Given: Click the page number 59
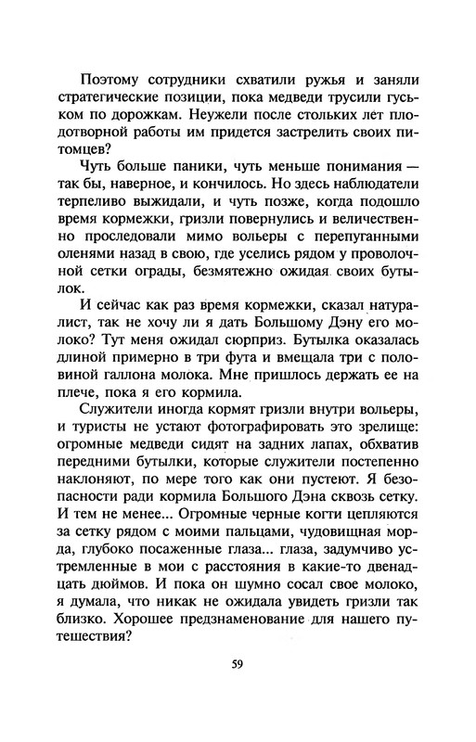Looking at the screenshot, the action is [x=238, y=663].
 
